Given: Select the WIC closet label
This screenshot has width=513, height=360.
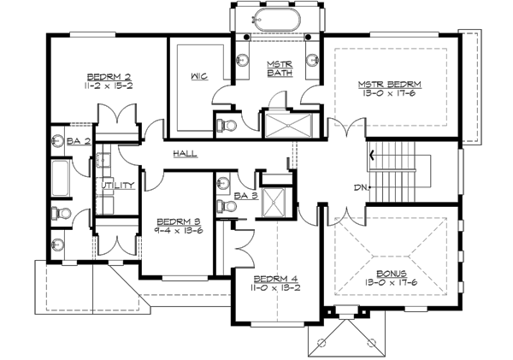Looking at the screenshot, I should [195, 76].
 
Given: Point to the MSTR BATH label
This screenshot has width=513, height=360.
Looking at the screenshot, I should [280, 69].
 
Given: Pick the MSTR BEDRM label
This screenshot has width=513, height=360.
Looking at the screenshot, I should [390, 83].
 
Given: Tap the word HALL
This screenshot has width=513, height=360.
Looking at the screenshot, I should [185, 154].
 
